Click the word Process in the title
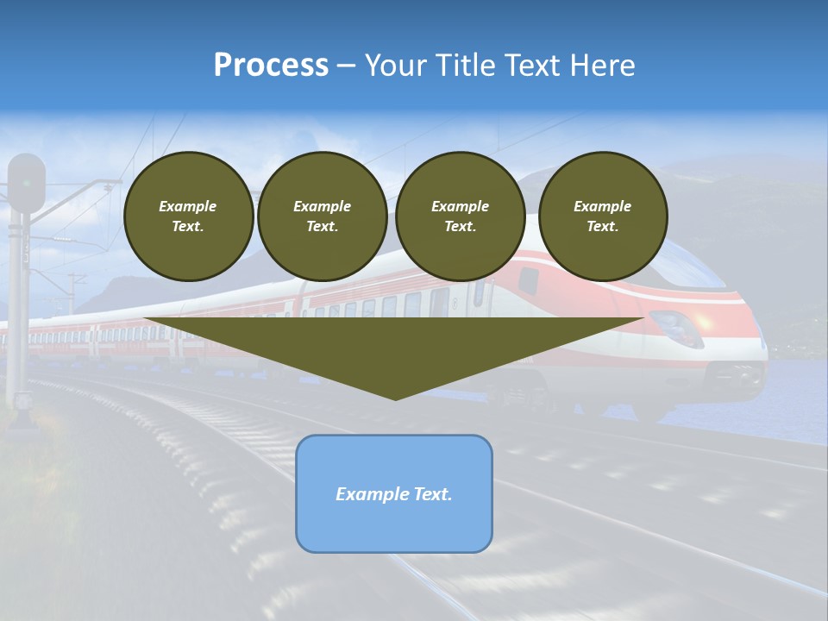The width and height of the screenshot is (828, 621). (271, 66)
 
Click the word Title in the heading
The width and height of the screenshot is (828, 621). (463, 66)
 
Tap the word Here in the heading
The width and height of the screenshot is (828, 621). (601, 66)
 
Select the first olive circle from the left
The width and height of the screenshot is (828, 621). (188, 216)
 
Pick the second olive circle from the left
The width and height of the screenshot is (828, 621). (322, 216)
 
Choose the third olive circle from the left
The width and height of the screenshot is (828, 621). (460, 216)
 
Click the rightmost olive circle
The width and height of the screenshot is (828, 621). (603, 216)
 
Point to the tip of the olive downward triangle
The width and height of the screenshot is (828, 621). (395, 398)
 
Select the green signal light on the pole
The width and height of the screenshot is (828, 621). (27, 183)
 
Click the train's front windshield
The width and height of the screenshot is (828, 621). (690, 263)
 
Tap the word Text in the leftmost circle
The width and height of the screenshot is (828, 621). (187, 227)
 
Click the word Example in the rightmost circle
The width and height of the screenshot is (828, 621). (602, 206)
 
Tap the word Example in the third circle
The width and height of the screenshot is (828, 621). (460, 206)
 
